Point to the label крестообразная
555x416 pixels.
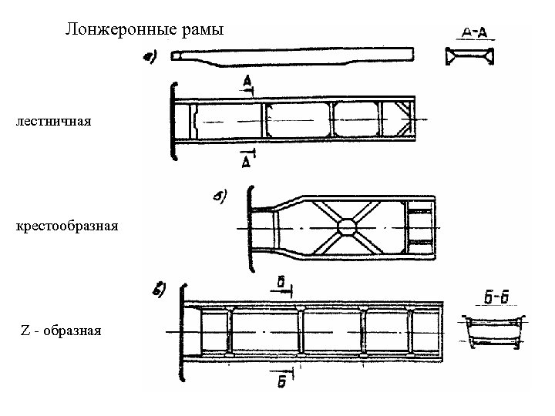pos(66,226)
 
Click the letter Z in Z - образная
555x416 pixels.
pos(24,330)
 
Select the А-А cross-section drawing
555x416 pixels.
pos(469,56)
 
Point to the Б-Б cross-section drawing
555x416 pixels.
pos(494,332)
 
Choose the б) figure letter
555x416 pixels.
pos(219,197)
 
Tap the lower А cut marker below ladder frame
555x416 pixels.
pos(246,162)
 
